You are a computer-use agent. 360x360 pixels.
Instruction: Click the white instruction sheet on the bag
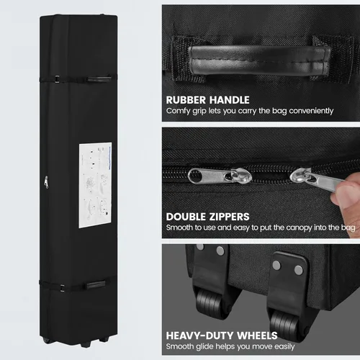coord(95,185)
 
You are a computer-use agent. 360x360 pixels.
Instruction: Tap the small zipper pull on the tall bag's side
coord(46,182)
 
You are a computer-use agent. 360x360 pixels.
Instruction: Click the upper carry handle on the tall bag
coord(99,79)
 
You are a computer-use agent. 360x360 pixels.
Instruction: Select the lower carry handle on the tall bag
coord(96,285)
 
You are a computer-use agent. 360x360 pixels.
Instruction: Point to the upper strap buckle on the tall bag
coord(57,79)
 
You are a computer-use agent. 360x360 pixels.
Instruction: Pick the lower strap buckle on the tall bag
coord(63,288)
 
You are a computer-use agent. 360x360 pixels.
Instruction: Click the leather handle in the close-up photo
coord(260,60)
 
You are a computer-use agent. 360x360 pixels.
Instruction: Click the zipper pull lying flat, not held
coord(220,176)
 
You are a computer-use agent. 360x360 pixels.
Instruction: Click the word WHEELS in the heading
coord(257,336)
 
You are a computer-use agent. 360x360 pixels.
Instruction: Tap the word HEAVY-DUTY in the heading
coord(199,336)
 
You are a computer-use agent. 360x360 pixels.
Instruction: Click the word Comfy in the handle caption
coord(178,111)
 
